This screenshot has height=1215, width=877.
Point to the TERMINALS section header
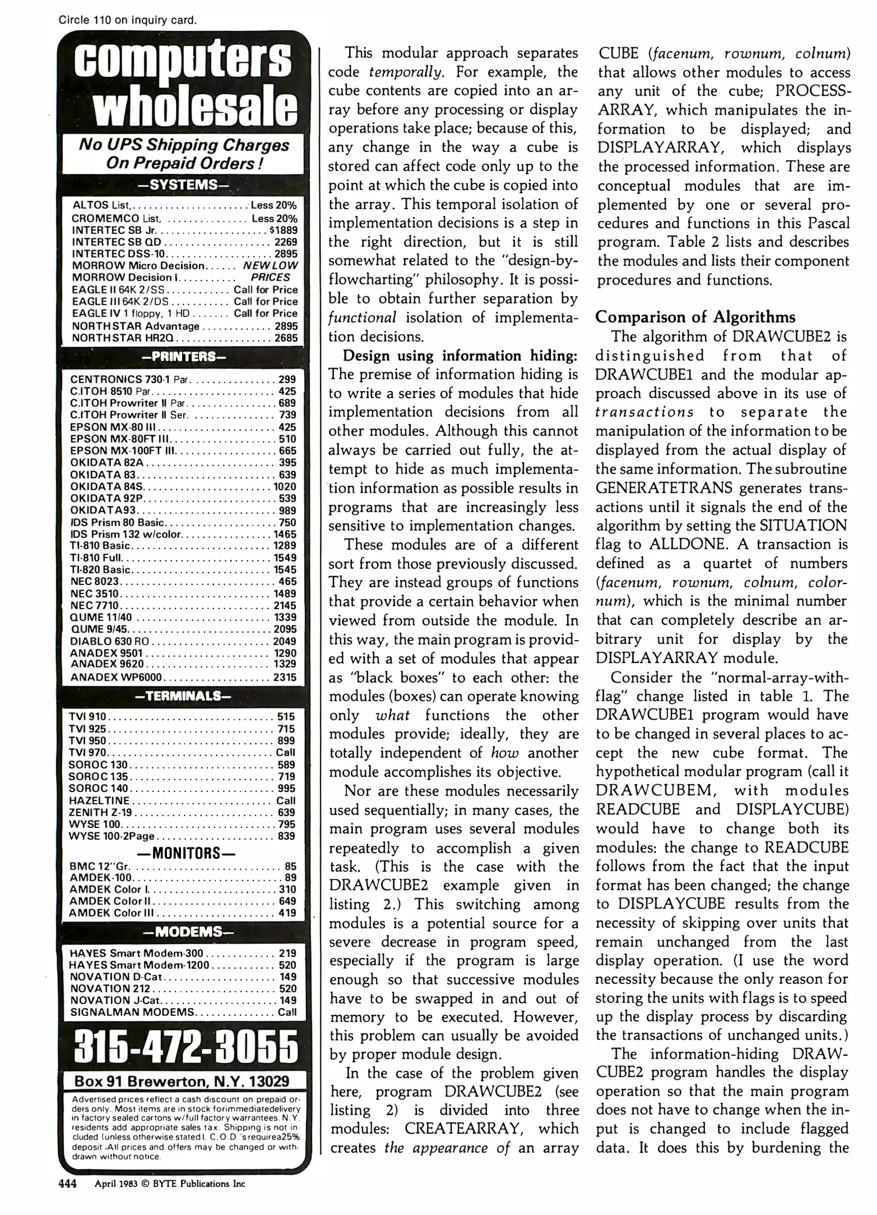pyautogui.click(x=183, y=696)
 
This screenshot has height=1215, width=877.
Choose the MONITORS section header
pyautogui.click(x=183, y=853)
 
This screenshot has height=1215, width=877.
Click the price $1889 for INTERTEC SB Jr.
pyautogui.click(x=283, y=230)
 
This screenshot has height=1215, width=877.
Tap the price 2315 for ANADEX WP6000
pyautogui.click(x=285, y=677)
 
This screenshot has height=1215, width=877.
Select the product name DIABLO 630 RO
pyautogui.click(x=110, y=641)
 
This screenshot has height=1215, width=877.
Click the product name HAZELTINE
pyautogui.click(x=99, y=800)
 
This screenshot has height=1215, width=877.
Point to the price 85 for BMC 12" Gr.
pyautogui.click(x=290, y=867)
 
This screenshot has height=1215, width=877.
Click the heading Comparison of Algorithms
pyautogui.click(x=695, y=317)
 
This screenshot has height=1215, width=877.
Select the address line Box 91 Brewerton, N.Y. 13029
pyautogui.click(x=182, y=1081)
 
